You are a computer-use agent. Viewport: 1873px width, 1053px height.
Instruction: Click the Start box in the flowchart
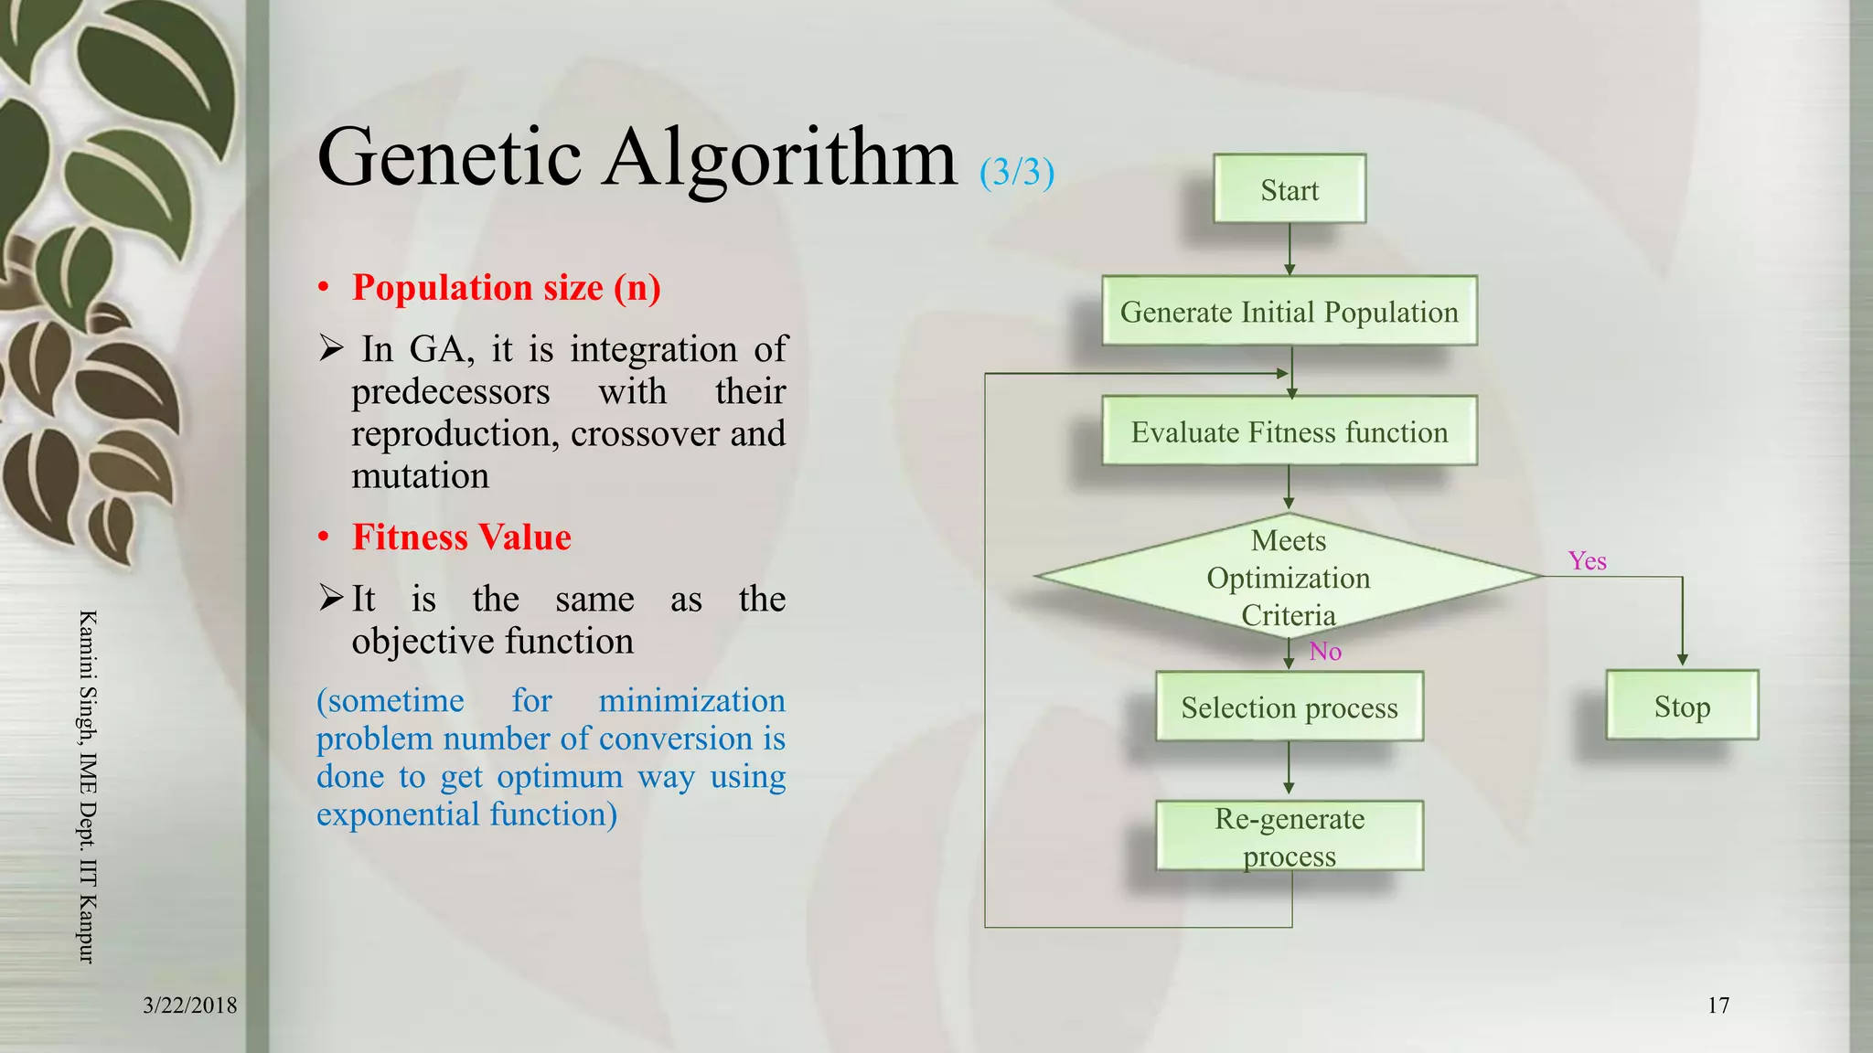1289,189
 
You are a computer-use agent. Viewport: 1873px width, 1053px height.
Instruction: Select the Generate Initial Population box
1289,312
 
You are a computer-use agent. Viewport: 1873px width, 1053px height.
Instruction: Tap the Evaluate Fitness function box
1289,431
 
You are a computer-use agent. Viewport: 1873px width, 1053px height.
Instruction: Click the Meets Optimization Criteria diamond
1289,577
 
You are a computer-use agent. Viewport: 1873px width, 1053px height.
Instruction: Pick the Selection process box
1289,707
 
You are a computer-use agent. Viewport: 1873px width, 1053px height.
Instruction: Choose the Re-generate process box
1289,836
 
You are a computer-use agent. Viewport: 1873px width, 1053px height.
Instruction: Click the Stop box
1681,706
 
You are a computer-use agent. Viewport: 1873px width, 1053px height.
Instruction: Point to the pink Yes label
1587,560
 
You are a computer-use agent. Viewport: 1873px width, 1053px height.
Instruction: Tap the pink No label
1324,651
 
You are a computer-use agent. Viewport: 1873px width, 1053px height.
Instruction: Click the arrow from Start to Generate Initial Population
1290,249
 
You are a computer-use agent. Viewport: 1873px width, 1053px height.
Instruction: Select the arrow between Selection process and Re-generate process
1289,768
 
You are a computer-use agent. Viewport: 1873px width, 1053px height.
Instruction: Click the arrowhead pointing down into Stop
1682,658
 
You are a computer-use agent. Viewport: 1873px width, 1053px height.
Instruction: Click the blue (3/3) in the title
1017,172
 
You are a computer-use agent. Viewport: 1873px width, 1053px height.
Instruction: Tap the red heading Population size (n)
506,287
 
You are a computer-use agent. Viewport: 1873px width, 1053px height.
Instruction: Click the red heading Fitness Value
461,537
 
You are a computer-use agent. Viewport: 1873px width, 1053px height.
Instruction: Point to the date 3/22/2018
189,1005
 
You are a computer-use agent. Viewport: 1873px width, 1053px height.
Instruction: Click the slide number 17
1718,1005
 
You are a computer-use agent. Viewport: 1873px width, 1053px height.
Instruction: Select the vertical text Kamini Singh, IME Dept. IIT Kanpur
87,786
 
